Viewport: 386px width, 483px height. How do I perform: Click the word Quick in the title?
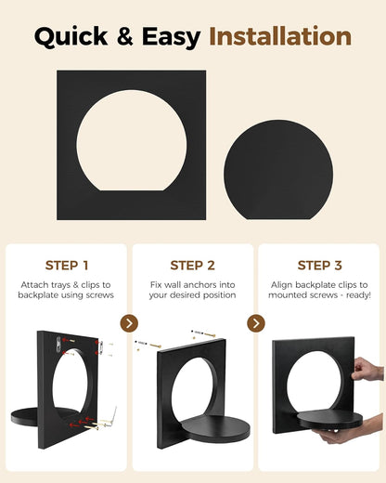[x=71, y=36]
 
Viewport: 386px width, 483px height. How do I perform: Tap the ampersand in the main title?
[x=124, y=36]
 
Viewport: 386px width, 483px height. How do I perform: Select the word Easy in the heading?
[x=172, y=37]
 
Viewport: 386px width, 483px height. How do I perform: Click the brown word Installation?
[x=280, y=36]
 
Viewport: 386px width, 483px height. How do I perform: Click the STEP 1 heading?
[x=67, y=266]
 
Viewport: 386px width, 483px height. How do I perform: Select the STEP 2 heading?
[x=192, y=266]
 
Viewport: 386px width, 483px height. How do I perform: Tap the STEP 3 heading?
[x=319, y=266]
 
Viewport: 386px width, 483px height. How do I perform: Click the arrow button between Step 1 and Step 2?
[x=129, y=323]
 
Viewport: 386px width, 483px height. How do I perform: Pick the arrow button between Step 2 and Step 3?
[x=256, y=323]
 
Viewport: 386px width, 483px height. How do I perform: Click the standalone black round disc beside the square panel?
[x=278, y=170]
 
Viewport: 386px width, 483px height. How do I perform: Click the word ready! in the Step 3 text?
[x=358, y=295]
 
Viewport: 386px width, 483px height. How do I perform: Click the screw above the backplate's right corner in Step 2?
[x=203, y=333]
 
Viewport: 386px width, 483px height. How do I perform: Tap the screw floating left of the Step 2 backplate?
[x=148, y=344]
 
